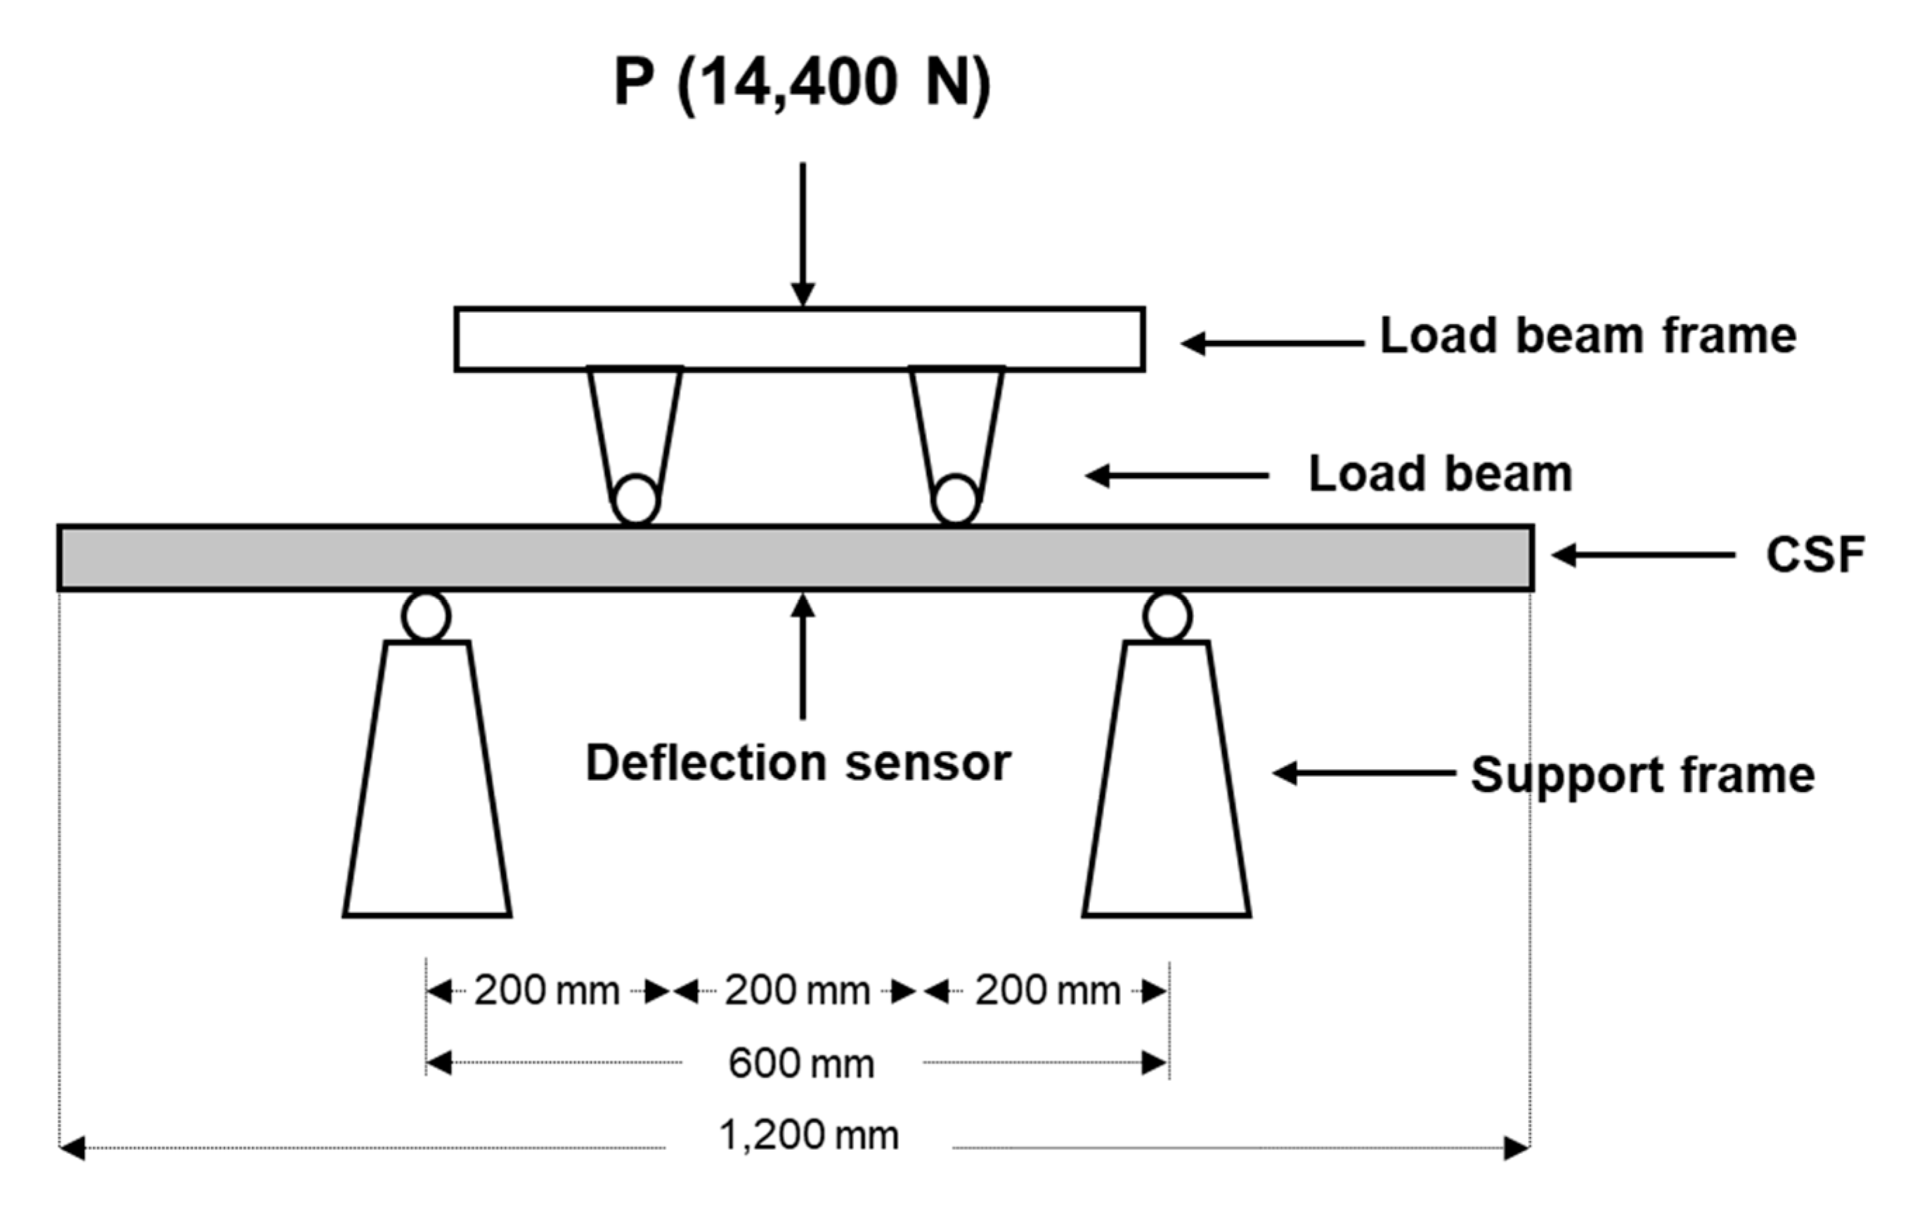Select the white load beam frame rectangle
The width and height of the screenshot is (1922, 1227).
point(799,339)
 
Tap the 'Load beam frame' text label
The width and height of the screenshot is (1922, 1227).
point(1587,336)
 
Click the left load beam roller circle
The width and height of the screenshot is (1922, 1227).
point(635,500)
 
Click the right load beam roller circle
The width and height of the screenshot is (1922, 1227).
point(956,500)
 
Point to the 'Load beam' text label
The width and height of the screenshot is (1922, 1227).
point(1439,475)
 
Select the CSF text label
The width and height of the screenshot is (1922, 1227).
point(1814,556)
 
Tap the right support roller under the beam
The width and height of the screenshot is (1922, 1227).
point(1167,616)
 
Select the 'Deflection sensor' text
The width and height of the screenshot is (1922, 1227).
point(798,763)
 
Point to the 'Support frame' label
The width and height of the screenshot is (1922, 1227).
point(1642,775)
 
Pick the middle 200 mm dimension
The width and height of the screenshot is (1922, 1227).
point(797,992)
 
